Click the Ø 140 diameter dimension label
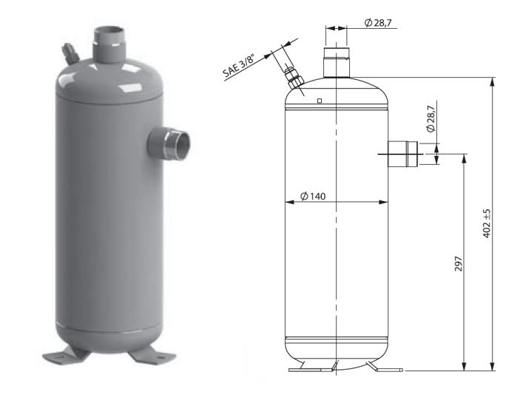coord(313,196)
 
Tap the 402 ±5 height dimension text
coord(487,223)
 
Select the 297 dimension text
coord(459,263)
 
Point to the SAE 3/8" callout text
coord(240,67)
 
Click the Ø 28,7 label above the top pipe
coord(378,22)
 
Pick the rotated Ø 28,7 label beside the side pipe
coord(430,119)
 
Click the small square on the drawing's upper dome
coord(320,101)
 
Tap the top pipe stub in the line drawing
coord(337,63)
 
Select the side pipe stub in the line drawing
coord(402,154)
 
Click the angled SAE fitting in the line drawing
coord(294,78)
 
